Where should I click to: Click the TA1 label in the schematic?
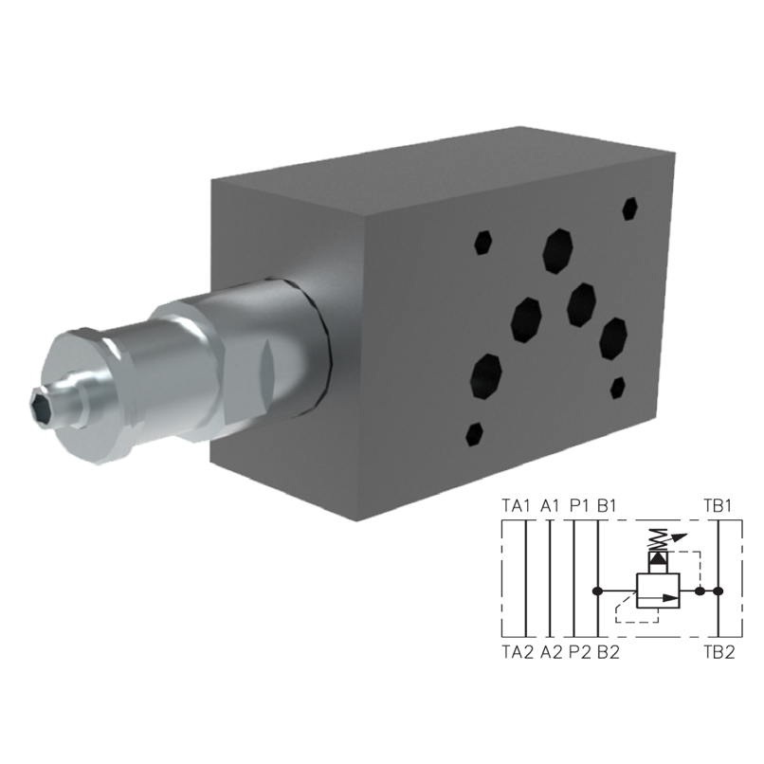point(516,505)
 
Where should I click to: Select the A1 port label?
point(552,505)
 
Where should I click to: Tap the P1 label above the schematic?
point(580,505)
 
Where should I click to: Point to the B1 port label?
point(608,505)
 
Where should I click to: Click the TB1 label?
point(717,505)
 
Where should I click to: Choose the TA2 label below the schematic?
point(516,652)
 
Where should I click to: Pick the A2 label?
point(552,652)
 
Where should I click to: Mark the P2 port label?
point(580,652)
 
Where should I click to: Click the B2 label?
point(608,652)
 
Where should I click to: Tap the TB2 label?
point(717,652)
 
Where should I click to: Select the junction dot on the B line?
point(596,591)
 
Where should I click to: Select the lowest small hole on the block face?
point(475,435)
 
